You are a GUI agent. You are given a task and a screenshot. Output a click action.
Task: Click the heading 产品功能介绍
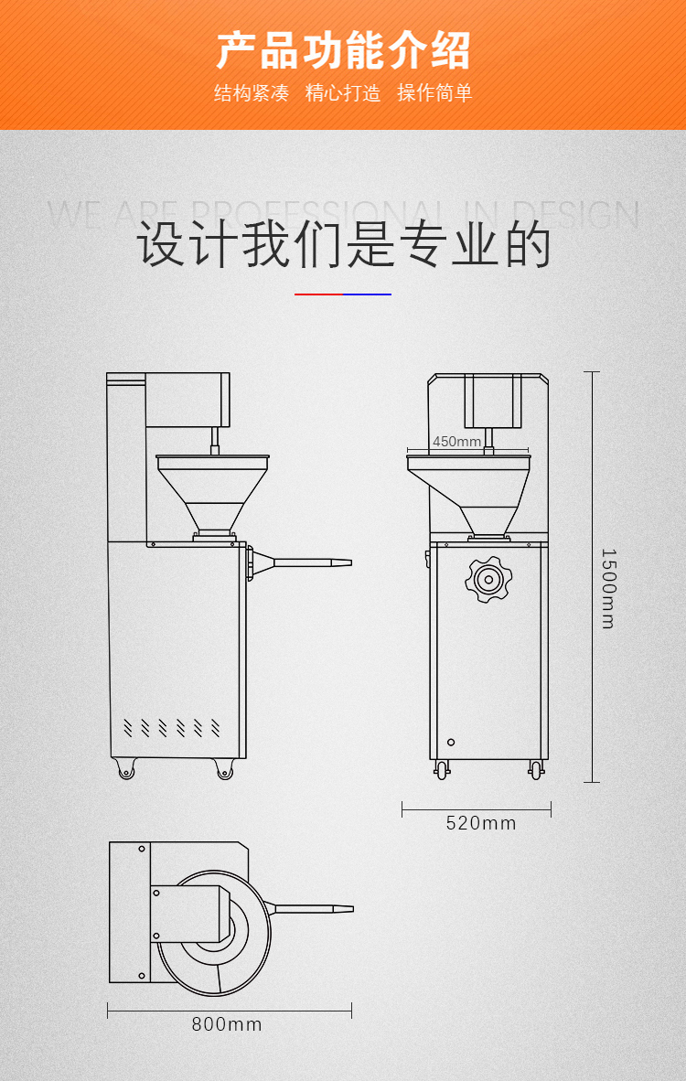343,50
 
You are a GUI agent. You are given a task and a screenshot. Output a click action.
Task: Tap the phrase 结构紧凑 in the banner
252,92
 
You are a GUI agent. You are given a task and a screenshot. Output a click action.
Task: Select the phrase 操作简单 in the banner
434,92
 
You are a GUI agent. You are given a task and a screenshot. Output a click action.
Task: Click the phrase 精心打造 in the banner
343,92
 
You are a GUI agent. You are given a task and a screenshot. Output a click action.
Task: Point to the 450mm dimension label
456,442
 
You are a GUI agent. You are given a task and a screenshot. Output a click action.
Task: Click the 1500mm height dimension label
608,588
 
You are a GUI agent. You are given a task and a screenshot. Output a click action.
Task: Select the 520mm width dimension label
481,823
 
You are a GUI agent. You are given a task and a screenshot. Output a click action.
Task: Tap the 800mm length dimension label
227,1024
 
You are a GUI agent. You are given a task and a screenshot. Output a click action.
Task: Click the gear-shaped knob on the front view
487,578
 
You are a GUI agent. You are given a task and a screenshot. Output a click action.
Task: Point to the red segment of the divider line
318,294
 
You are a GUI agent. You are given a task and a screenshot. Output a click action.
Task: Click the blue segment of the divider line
367,294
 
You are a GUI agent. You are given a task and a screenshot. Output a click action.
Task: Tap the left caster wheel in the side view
126,771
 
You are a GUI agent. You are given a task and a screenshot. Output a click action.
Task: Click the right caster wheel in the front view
535,771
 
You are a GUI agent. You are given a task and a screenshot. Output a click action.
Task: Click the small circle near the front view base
450,742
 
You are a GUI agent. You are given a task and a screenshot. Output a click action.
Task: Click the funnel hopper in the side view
213,494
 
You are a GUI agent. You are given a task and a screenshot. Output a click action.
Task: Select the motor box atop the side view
188,400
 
